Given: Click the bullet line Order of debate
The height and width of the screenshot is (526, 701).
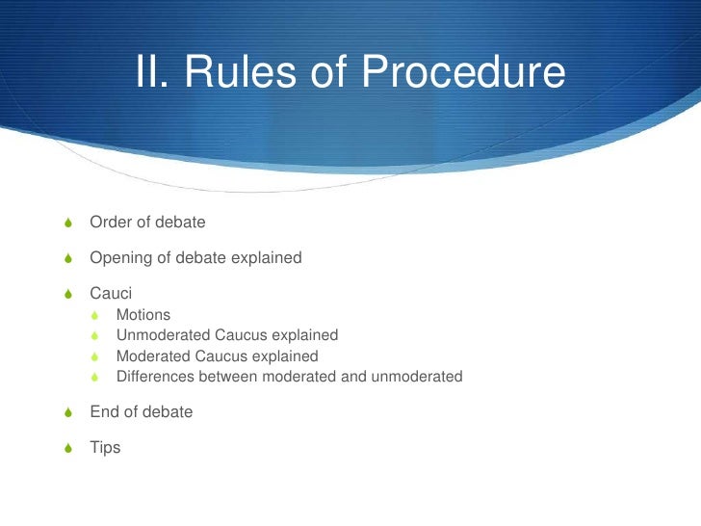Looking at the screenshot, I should point(147,223).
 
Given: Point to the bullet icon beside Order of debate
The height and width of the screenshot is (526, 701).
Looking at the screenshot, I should point(65,224).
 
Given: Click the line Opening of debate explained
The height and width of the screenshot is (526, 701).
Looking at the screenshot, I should point(195,258).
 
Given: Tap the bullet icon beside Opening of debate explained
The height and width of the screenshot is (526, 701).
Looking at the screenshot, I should point(65,259).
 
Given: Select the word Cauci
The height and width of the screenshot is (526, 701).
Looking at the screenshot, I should point(111,294).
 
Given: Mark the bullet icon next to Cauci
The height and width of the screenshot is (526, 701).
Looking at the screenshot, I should point(65,295).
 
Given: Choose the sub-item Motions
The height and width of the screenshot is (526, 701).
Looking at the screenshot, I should point(143,315).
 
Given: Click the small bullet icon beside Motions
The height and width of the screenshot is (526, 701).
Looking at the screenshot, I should point(94,316).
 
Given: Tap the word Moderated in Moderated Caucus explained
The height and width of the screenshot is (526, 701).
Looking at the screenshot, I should point(150,356).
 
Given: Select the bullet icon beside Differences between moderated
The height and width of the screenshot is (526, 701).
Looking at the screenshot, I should point(94,377).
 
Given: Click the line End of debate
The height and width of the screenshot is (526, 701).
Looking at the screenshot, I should point(141,412).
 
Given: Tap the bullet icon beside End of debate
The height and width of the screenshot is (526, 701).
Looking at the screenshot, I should point(65,413).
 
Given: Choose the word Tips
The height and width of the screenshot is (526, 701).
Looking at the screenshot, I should point(105,448).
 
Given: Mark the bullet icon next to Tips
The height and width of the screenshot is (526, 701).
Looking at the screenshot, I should point(65,449).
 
